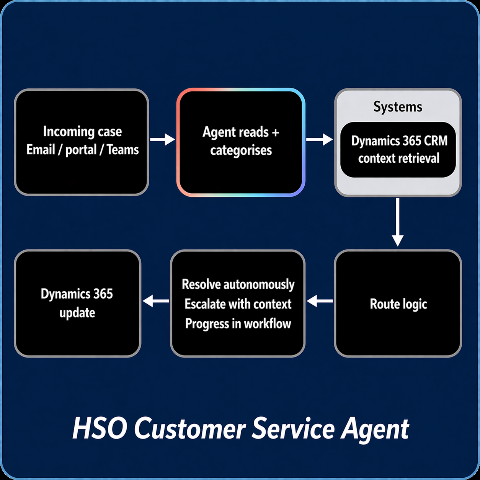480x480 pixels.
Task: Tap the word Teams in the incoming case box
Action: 122,150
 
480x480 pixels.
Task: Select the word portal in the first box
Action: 81,150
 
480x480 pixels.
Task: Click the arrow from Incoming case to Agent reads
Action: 162,140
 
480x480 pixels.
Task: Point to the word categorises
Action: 241,150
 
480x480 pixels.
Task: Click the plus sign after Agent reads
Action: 275,132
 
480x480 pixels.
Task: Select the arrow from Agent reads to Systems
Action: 319,140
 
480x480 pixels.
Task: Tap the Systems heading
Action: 398,107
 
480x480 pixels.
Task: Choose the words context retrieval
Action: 398,158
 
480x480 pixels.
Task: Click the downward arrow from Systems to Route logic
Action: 398,222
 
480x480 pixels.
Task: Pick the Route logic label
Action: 398,304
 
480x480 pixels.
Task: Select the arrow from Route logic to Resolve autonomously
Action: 320,301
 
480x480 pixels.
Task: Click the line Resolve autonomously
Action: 238,284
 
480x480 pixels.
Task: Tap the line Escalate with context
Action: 238,304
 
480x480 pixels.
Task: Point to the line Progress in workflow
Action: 238,324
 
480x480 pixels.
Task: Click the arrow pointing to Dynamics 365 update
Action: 155,301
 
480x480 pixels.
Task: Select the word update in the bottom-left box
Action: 77,313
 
